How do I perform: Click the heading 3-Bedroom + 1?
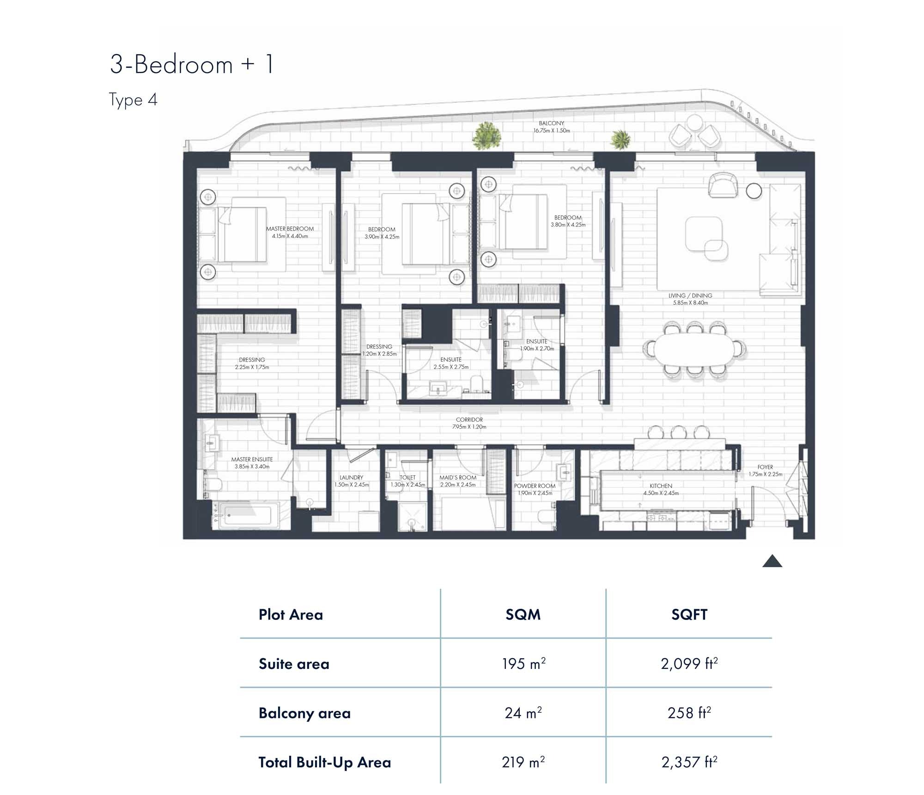point(192,64)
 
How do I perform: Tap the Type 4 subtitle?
point(133,100)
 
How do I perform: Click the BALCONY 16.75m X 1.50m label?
point(552,127)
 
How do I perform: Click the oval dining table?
point(693,350)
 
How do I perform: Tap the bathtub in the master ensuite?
point(247,515)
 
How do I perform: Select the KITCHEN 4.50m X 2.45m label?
point(661,489)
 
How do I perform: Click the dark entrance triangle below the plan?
point(772,562)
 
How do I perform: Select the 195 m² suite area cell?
point(523,664)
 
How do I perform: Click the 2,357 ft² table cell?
point(689,762)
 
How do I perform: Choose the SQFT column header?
point(689,614)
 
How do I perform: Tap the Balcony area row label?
point(304,713)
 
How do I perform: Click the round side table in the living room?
point(754,191)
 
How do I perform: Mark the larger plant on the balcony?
point(486,135)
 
